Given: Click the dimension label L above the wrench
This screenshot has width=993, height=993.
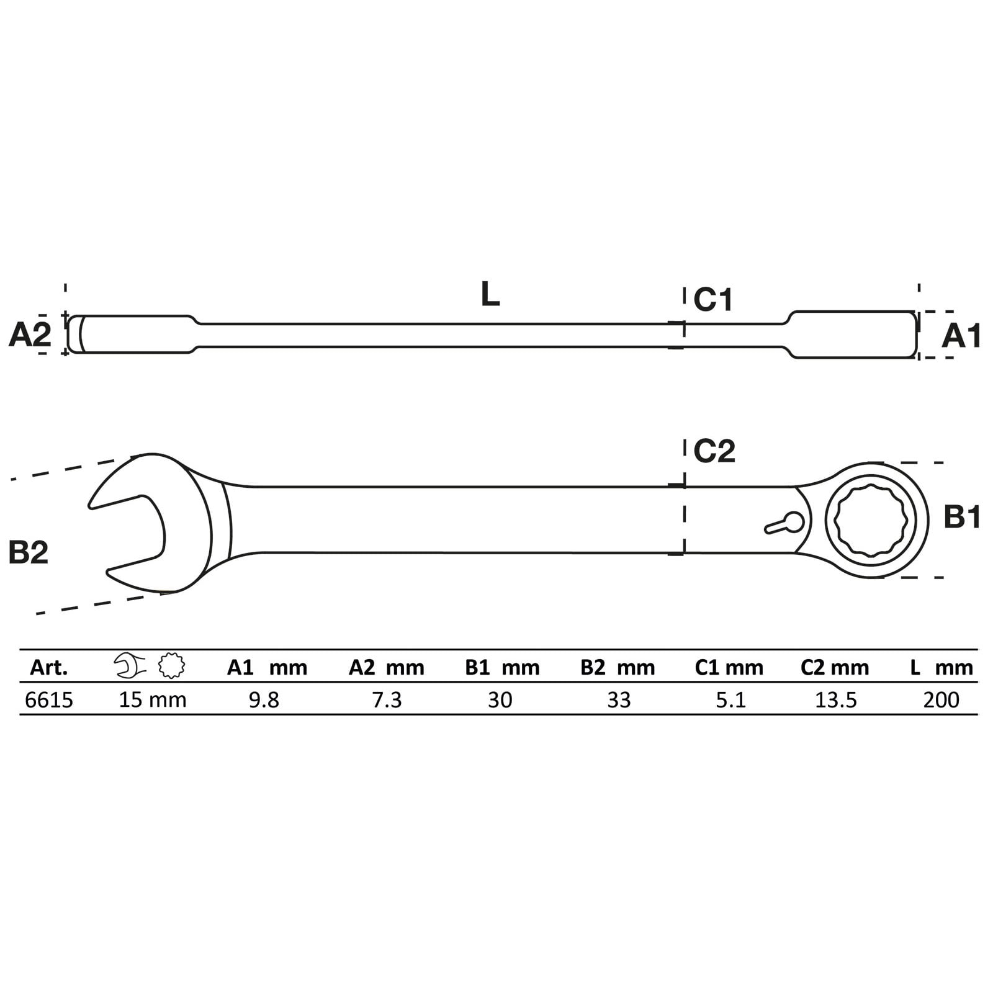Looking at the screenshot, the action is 490,294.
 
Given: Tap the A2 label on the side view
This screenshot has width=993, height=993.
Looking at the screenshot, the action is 30,336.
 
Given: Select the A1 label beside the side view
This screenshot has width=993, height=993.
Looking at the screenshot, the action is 961,336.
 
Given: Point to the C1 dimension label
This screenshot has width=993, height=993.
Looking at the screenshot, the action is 713,300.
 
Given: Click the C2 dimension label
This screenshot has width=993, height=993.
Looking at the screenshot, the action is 714,451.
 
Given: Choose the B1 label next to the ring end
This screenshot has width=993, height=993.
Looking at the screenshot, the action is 962,518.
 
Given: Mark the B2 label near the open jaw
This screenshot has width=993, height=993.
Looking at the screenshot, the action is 29,552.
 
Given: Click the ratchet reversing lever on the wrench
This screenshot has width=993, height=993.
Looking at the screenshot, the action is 784,523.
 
